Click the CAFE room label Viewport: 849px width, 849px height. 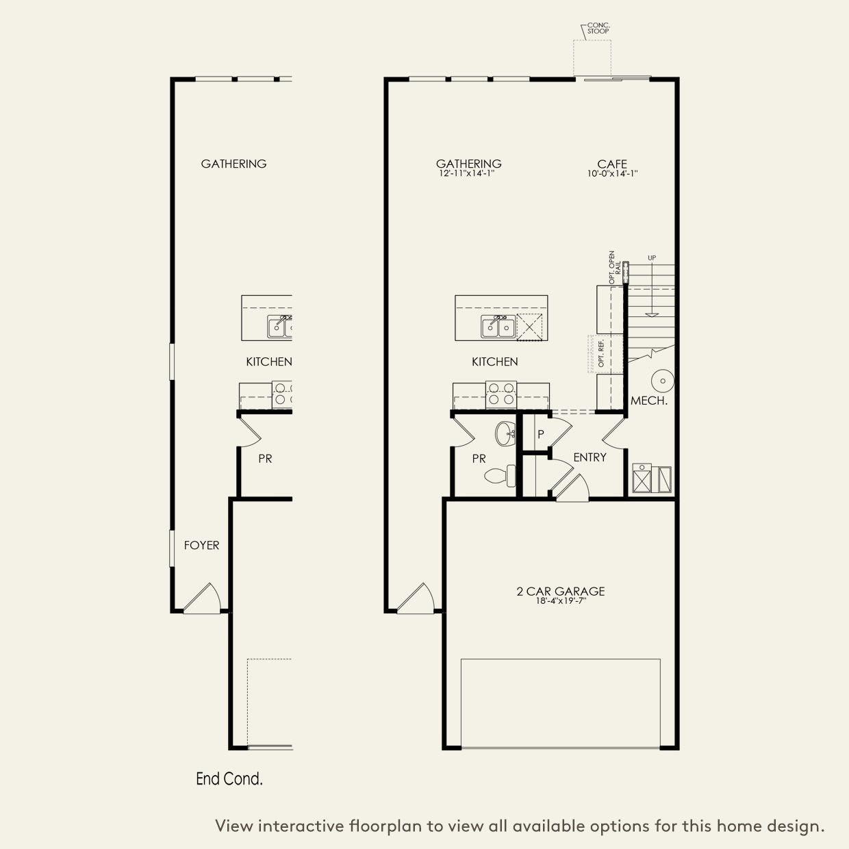coord(611,164)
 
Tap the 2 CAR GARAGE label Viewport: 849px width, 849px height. coord(560,591)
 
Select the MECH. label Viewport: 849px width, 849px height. coord(648,401)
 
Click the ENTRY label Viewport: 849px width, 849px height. coord(590,457)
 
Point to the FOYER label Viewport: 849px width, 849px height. coord(201,545)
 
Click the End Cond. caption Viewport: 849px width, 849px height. coord(229,778)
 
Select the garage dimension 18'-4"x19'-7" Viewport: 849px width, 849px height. coord(560,601)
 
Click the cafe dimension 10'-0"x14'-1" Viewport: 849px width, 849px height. coord(611,174)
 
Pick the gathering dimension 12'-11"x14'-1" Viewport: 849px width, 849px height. coord(468,174)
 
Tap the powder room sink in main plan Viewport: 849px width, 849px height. coord(506,432)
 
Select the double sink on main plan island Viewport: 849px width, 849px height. coord(498,327)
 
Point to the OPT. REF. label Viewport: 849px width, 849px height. coord(601,354)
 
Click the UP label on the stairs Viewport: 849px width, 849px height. coord(652,258)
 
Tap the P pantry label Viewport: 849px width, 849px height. coord(540,434)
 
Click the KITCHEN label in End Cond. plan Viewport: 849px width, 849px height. coord(268,362)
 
